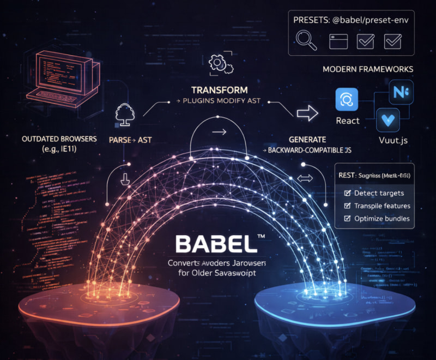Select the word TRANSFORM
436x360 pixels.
[220, 89]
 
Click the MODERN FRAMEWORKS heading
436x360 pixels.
[367, 70]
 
